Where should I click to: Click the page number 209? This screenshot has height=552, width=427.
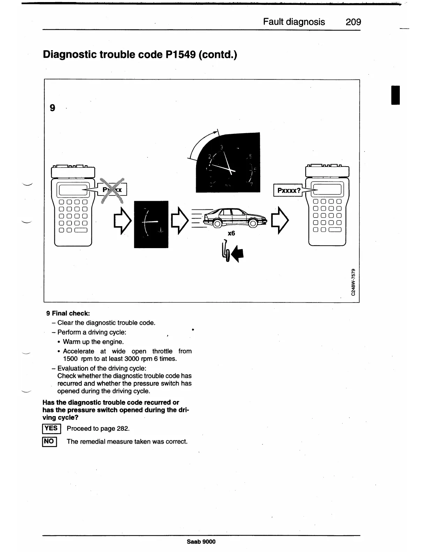click(x=353, y=22)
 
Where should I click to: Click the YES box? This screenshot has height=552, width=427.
click(x=51, y=429)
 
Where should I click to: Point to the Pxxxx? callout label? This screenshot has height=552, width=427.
click(x=288, y=190)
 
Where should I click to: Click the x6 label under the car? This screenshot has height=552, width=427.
click(x=231, y=233)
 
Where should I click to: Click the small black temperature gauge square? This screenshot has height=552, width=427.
click(x=151, y=224)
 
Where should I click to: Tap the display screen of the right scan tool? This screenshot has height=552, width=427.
click(x=327, y=190)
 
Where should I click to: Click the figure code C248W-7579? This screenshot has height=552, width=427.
click(x=353, y=282)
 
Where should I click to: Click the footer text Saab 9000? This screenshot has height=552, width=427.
click(x=201, y=542)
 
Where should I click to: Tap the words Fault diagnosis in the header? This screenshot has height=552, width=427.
click(x=294, y=22)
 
